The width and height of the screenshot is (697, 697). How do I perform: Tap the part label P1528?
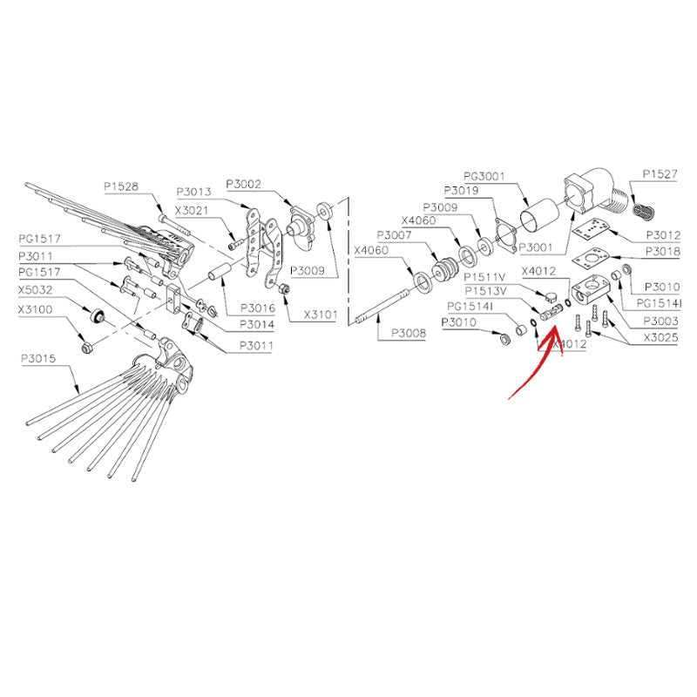coord(121,186)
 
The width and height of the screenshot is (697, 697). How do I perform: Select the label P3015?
coord(38,358)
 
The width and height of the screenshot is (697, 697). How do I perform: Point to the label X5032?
coord(36,290)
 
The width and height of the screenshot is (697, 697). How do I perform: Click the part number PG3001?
coord(484,177)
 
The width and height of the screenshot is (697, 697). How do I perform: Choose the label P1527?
coord(660,174)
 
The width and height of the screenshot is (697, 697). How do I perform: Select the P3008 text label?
coord(409,333)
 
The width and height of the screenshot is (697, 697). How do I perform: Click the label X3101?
coord(321,315)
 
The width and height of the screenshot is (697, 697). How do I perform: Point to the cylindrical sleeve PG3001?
coord(539,215)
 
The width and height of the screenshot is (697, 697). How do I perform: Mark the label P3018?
coord(663,252)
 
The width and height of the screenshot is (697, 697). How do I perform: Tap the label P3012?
coord(663,235)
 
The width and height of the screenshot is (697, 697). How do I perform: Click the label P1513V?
coord(485,291)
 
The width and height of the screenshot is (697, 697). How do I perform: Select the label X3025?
coord(660,338)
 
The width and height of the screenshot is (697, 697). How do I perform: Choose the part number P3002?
coord(244,184)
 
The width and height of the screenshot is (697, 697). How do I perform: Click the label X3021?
coord(192,211)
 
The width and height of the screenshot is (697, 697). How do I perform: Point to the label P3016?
coord(258,308)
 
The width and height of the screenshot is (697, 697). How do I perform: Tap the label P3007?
coord(395,235)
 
